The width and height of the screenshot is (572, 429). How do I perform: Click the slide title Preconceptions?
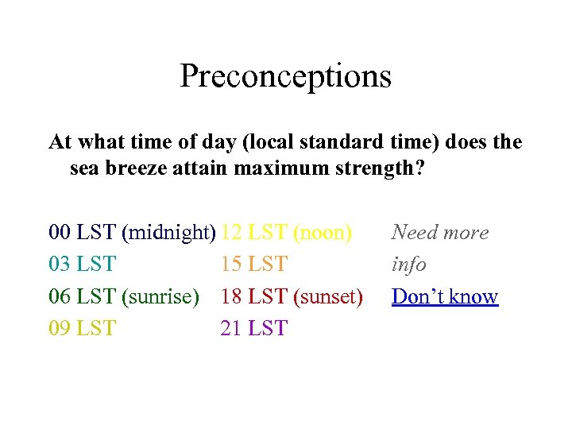[x=285, y=76]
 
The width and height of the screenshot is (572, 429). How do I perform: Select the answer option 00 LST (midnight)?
[x=132, y=233]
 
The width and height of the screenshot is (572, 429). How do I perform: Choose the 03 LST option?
[x=82, y=265]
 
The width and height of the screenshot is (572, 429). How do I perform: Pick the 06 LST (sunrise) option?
[x=123, y=296]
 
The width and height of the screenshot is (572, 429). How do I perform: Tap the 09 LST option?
[x=82, y=328]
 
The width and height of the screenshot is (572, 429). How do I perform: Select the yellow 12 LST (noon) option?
[x=286, y=233]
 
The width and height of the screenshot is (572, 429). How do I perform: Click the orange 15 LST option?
[x=253, y=265]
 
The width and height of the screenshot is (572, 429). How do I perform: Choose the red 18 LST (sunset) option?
[x=292, y=296]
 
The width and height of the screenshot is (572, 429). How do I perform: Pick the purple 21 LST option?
[x=253, y=328]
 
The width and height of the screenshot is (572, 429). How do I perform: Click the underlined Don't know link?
[x=445, y=296]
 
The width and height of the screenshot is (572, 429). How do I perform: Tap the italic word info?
[x=408, y=265]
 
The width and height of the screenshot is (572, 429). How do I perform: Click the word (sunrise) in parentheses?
[x=160, y=296]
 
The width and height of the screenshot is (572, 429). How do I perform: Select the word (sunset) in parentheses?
[x=328, y=296]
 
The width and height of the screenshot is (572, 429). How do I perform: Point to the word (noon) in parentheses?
[x=323, y=233]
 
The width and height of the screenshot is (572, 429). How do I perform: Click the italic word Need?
[x=412, y=233]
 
